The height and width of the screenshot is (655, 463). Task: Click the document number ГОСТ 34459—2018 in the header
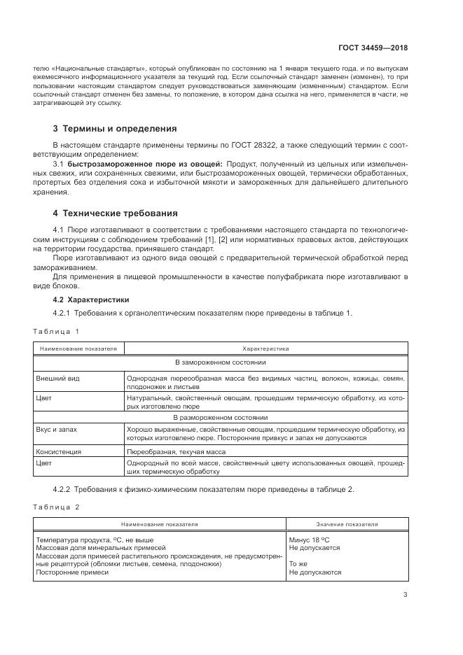[374, 48]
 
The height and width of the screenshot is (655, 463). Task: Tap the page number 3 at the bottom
[405, 596]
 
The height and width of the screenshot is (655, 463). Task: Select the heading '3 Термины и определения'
[115, 129]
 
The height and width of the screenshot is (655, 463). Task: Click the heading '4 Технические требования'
[116, 213]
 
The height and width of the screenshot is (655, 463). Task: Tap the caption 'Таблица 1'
[56, 330]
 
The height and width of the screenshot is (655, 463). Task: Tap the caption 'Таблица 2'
[56, 506]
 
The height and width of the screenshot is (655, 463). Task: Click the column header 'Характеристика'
[265, 348]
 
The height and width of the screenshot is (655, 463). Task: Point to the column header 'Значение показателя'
[347, 523]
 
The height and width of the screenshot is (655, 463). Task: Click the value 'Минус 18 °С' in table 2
[309, 540]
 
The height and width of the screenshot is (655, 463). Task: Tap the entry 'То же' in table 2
[298, 563]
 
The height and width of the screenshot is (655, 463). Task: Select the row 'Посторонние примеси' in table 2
[72, 572]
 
